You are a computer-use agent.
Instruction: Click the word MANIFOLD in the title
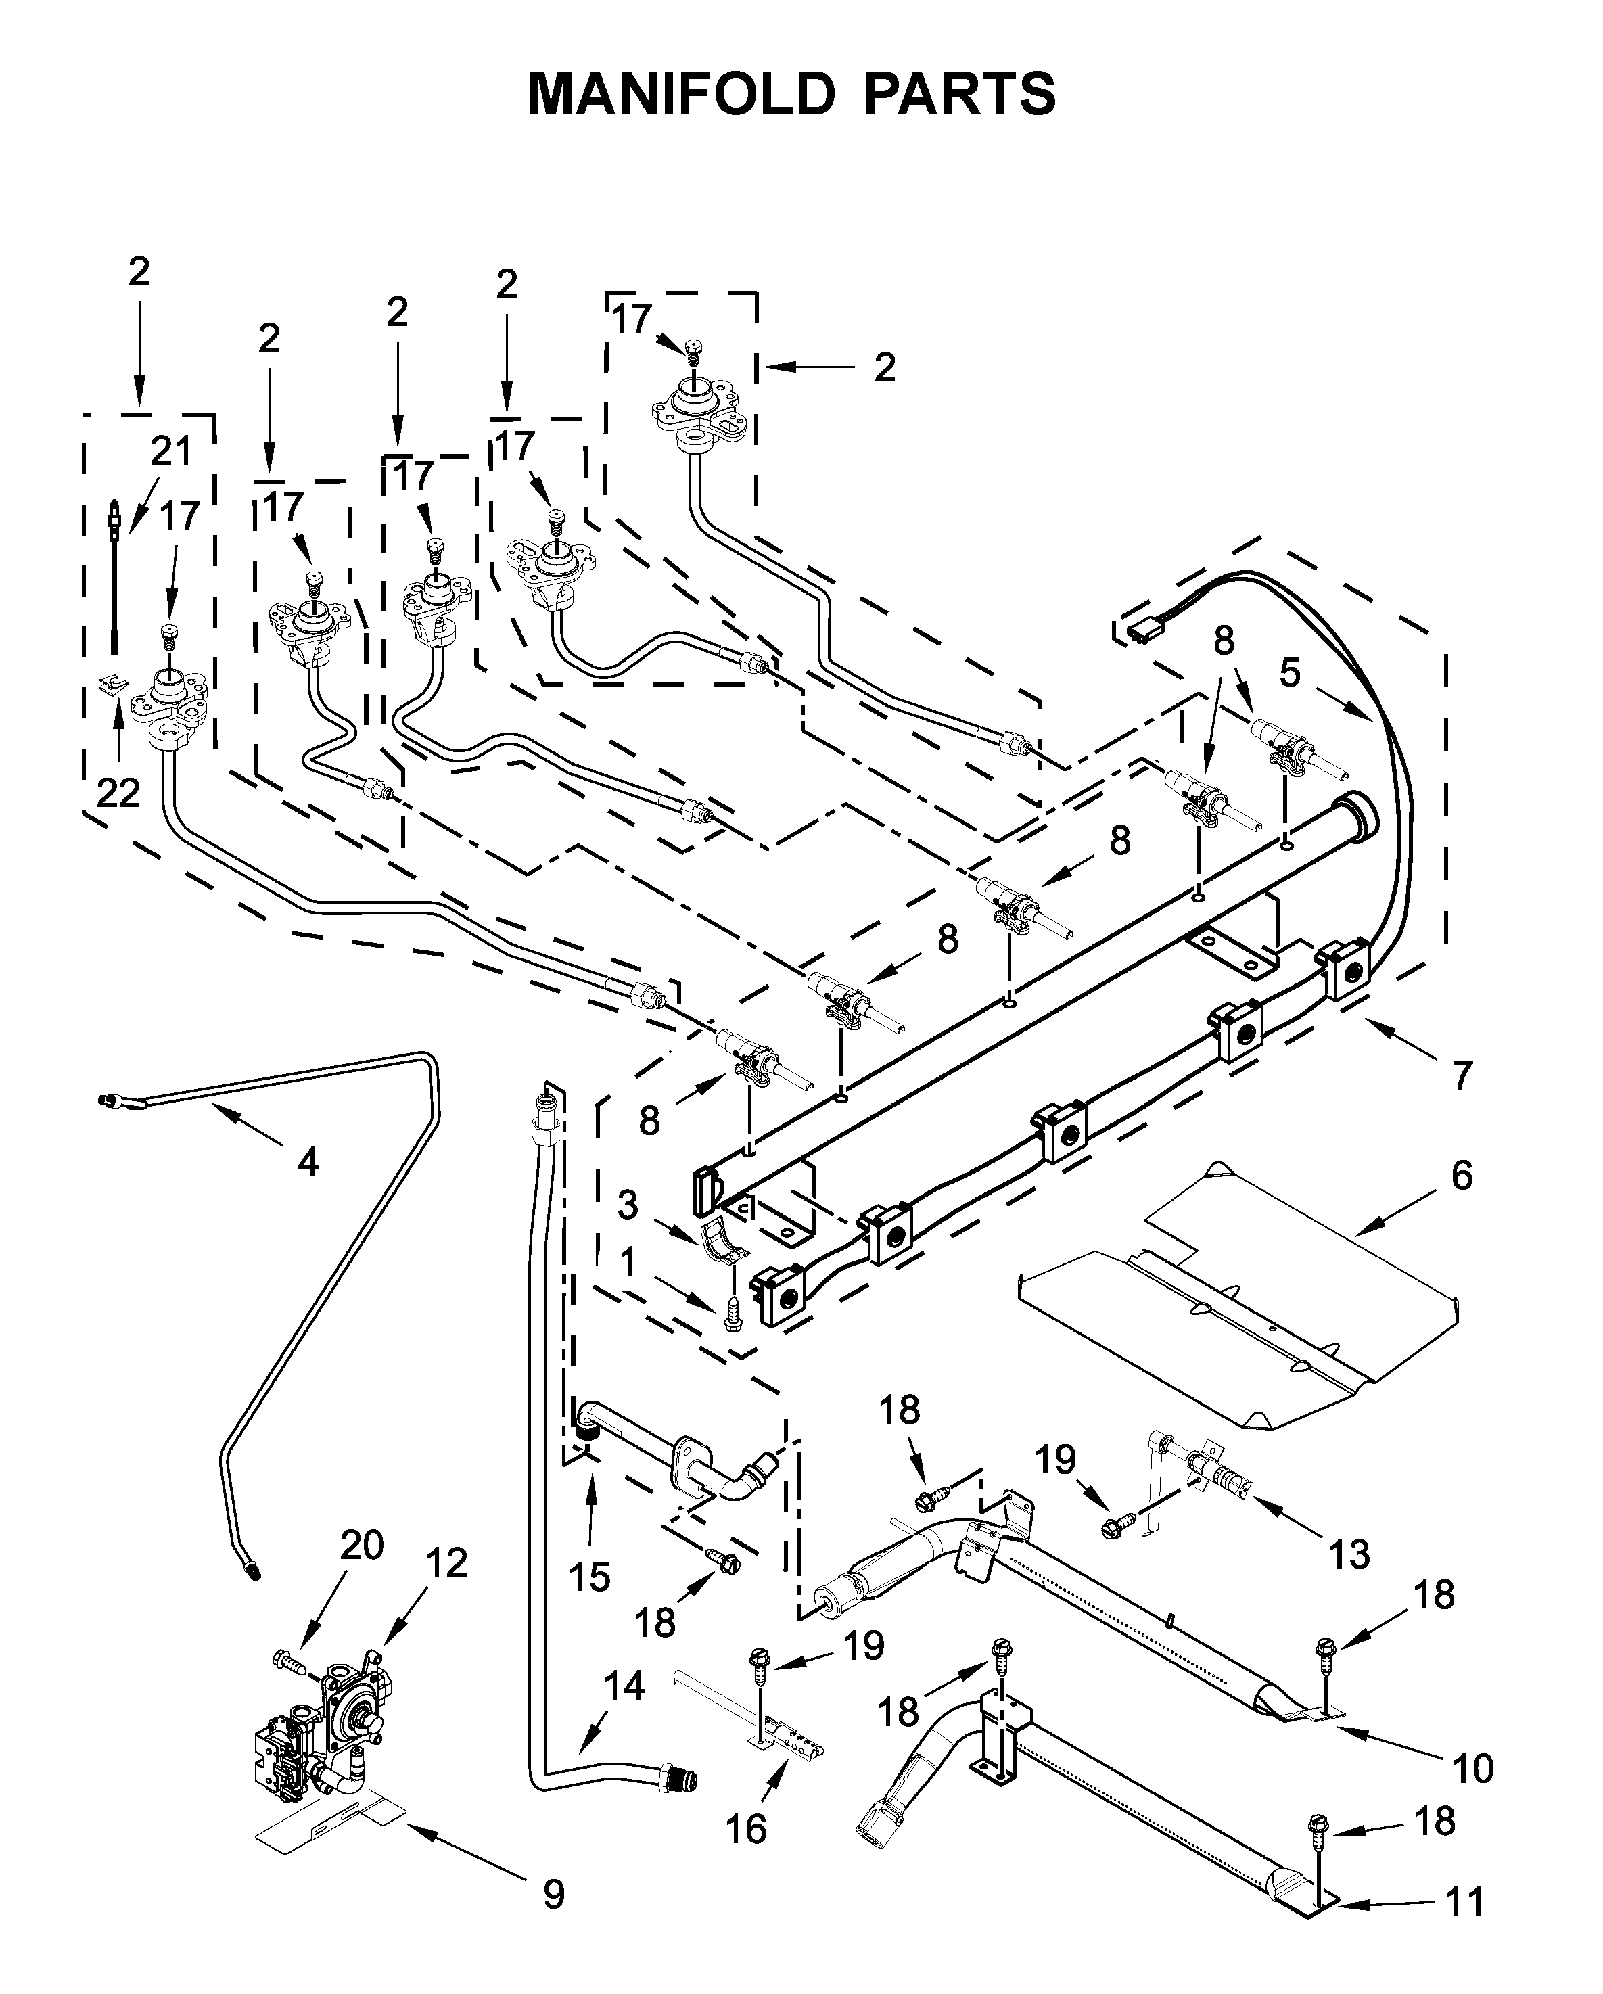click(x=681, y=94)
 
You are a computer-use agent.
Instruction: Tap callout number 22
click(x=118, y=793)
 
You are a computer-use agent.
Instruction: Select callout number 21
click(x=171, y=451)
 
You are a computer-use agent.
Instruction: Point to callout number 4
click(x=308, y=1161)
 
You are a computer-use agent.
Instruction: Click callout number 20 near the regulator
click(x=362, y=1544)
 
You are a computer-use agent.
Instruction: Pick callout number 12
click(x=447, y=1563)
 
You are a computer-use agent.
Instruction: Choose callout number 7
click(x=1462, y=1075)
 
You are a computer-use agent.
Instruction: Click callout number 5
click(x=1291, y=672)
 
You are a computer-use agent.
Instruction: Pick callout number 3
click(x=628, y=1205)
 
